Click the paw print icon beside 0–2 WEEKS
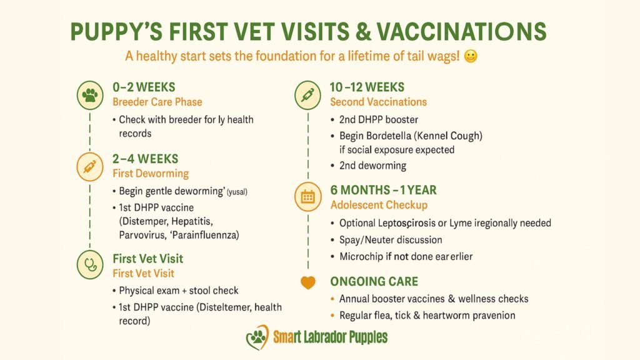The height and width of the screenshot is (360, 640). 90,96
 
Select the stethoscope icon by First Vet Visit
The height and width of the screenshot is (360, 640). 90,264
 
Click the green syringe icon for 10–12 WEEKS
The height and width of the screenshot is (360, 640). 307,96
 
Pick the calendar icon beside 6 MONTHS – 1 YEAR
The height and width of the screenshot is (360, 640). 307,197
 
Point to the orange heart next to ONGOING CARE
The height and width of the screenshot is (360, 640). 307,282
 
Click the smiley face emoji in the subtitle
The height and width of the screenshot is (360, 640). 471,56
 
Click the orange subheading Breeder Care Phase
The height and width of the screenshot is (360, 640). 157,102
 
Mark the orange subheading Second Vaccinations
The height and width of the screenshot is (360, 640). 378,102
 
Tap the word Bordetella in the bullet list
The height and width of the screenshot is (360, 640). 392,136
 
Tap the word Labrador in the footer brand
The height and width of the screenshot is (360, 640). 329,338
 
